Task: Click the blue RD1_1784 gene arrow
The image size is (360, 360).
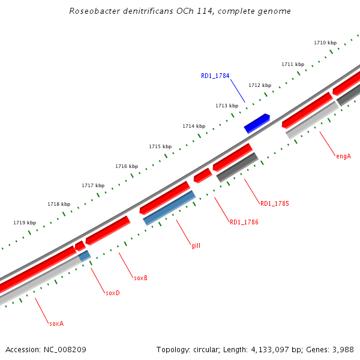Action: tap(257, 123)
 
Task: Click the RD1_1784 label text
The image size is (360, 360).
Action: tap(215, 76)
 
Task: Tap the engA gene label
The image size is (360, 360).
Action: tap(343, 156)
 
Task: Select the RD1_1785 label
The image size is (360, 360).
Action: tap(274, 203)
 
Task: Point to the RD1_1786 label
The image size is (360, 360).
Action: tap(244, 222)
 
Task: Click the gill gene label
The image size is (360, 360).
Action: tap(196, 245)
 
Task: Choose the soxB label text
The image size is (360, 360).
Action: tap(140, 278)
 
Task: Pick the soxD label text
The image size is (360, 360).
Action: tap(113, 293)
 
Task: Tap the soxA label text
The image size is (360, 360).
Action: tap(56, 323)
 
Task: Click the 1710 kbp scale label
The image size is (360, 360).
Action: tap(325, 43)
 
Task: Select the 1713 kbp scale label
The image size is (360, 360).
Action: tap(227, 106)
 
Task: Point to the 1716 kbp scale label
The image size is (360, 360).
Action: tap(127, 166)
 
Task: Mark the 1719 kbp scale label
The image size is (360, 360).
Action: tap(25, 223)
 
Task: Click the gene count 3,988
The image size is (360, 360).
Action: tap(342, 349)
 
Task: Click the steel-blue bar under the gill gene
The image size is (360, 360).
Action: tap(170, 208)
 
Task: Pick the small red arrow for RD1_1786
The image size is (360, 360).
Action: tap(202, 175)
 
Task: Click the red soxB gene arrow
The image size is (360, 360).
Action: tap(108, 230)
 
